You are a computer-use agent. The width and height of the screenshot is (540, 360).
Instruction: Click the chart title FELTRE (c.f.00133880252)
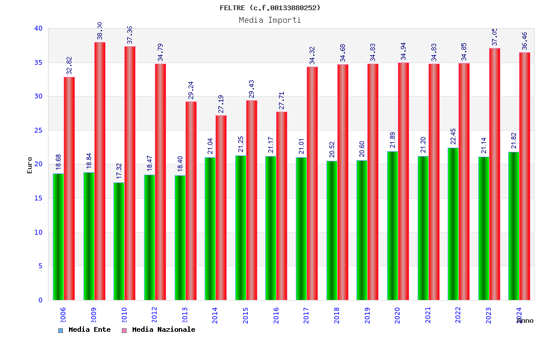point(270,8)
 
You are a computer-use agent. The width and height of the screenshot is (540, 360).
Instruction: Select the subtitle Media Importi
point(270,20)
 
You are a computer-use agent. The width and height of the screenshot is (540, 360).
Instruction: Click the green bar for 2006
point(58,236)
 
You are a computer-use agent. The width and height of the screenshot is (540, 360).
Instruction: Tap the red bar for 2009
point(100,171)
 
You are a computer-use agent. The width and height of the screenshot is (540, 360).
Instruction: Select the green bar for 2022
point(453,224)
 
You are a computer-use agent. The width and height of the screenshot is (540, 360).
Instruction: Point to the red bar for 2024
point(524,176)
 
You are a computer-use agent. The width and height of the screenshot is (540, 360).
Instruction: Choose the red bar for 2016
point(281,206)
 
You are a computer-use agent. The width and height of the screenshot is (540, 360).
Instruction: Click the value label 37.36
point(130,35)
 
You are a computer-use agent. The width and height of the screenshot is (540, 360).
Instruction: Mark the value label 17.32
point(119,171)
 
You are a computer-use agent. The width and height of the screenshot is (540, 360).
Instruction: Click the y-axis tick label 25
point(38,130)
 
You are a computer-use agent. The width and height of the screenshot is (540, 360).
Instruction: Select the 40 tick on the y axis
point(38,28)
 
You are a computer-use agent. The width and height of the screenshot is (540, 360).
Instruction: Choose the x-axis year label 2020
point(397,315)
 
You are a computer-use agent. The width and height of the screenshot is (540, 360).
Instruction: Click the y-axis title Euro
point(30,165)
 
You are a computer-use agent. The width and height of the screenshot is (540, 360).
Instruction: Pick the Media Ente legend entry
point(85,329)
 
